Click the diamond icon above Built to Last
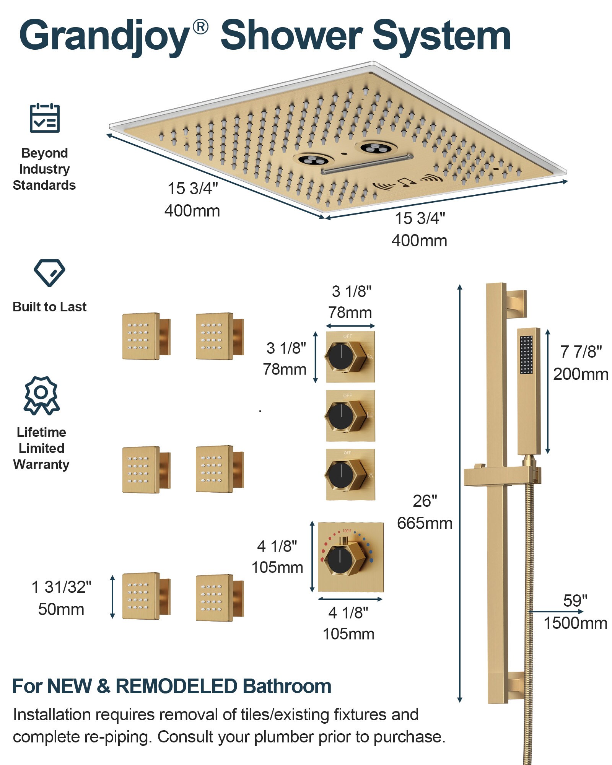(49, 273)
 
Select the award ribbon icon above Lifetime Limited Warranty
(41, 395)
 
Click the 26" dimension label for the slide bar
(425, 501)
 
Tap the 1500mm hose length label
(575, 623)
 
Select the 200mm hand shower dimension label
(580, 374)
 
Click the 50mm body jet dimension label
(61, 609)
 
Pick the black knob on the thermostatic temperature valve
(340, 561)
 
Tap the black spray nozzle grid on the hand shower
(526, 355)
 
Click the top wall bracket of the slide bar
(516, 304)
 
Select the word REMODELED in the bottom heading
(176, 686)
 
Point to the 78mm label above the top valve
(350, 313)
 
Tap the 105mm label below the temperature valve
(348, 634)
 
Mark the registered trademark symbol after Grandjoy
(200, 27)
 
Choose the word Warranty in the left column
(41, 464)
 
